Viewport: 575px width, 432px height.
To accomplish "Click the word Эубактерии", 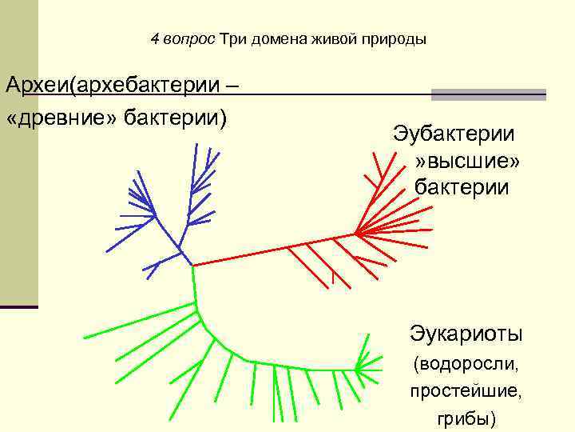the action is click(454, 134).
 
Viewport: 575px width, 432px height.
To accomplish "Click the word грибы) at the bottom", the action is click(466, 418).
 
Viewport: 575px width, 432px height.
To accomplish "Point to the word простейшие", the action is click(466, 392).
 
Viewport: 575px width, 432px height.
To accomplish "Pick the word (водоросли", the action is click(466, 365).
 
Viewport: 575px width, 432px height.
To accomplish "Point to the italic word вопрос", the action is click(188, 38).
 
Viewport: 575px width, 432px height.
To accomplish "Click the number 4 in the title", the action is click(154, 38).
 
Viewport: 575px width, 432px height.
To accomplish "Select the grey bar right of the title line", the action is click(488, 94).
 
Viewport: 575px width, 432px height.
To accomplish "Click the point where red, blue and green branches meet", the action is click(192, 265).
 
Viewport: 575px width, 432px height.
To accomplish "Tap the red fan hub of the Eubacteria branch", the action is click(355, 234).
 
